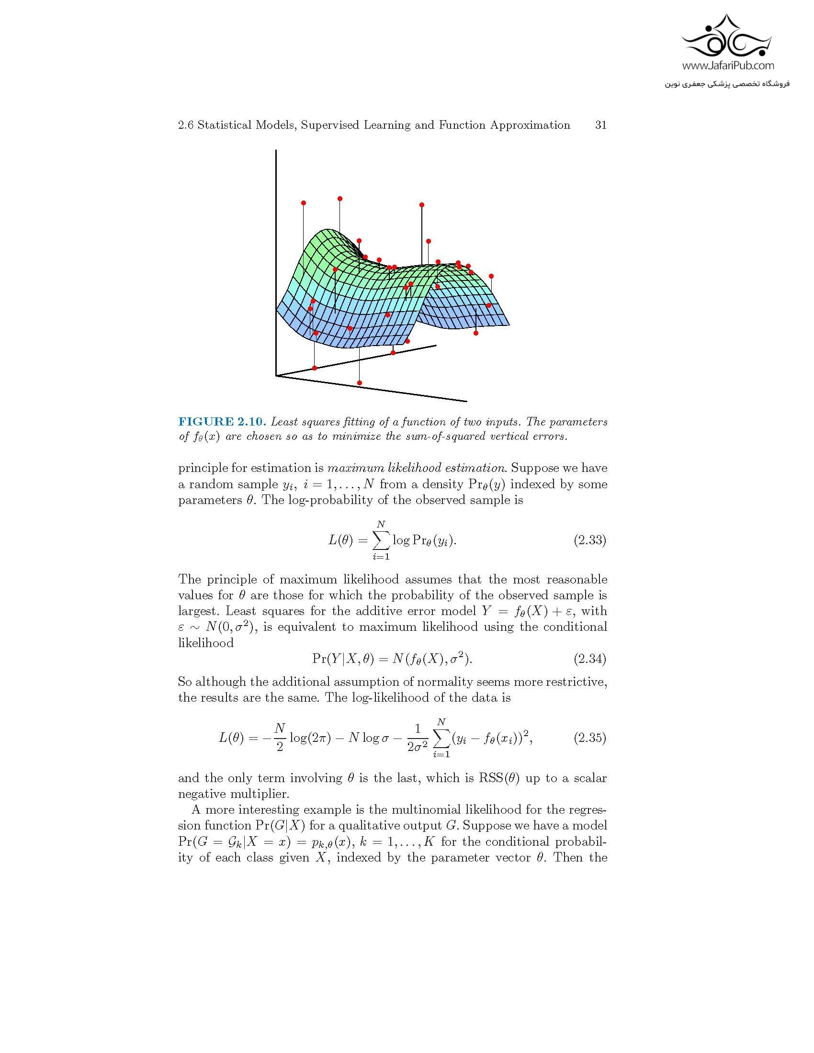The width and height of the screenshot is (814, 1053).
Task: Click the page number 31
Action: (600, 125)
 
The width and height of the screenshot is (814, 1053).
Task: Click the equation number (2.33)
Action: (589, 540)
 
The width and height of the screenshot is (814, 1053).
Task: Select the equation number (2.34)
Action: (589, 659)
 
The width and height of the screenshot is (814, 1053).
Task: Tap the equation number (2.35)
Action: (589, 738)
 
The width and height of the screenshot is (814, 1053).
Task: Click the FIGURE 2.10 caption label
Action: (222, 422)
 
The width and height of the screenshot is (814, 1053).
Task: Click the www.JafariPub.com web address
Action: (728, 66)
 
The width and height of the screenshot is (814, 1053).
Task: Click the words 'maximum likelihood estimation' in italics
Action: (416, 468)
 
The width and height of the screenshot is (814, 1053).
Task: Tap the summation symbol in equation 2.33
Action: (381, 540)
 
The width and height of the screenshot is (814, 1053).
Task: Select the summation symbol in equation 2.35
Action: (441, 738)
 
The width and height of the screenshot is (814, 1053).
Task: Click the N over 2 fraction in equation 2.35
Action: (280, 738)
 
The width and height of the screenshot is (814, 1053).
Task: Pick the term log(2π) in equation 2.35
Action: (310, 738)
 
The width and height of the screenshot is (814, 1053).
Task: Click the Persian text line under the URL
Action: (727, 84)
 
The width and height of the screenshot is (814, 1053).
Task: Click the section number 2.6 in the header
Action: (186, 125)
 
